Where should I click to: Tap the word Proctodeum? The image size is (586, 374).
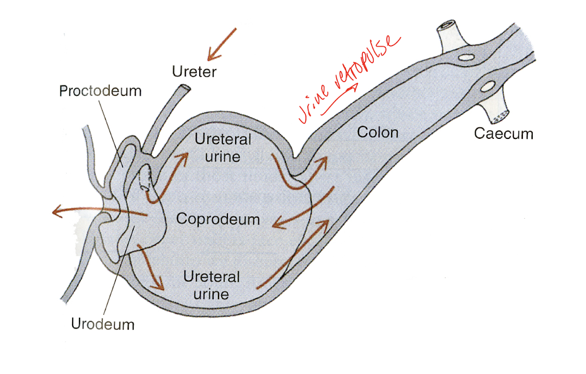[x=100, y=91]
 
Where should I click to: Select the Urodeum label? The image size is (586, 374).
[x=103, y=324]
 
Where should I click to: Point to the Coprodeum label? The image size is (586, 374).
[x=218, y=219]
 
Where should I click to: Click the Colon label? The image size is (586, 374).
[x=378, y=132]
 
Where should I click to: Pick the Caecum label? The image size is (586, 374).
[x=504, y=134]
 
